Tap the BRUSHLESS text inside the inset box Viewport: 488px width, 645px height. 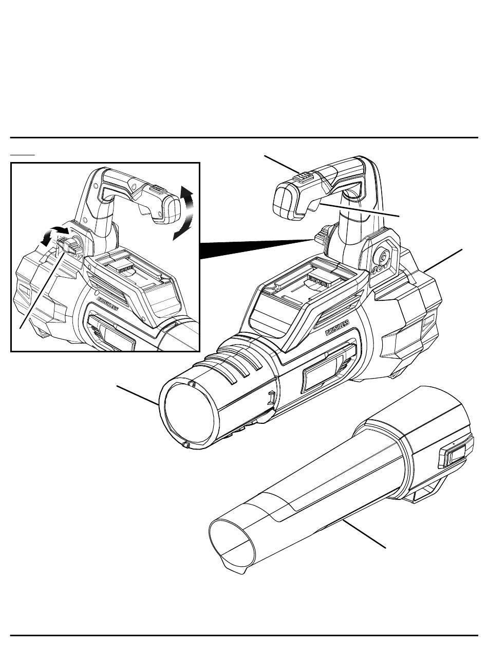point(107,304)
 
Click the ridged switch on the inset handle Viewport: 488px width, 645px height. point(157,189)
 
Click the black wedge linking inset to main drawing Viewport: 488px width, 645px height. point(256,249)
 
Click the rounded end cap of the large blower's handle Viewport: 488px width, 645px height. point(285,202)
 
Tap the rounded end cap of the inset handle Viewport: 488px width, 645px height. point(171,209)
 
